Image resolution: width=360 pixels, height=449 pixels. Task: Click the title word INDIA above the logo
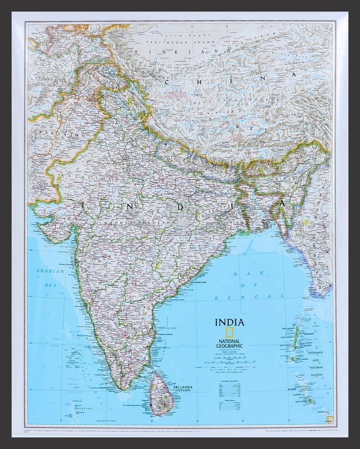click(x=230, y=322)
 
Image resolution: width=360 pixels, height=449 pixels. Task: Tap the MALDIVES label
click(x=83, y=408)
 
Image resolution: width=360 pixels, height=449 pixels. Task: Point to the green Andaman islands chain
click(x=296, y=338)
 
